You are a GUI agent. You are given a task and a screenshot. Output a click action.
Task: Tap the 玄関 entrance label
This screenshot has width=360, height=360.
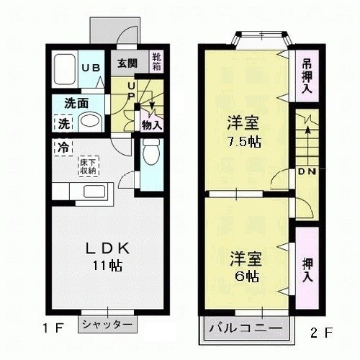coord(127,62)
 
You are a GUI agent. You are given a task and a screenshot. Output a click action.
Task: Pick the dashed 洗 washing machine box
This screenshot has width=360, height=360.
coord(63,123)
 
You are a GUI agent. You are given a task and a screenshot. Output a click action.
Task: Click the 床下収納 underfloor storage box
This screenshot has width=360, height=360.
coord(89,166)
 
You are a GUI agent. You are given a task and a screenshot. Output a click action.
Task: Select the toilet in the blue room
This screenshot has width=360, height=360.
coord(151,153)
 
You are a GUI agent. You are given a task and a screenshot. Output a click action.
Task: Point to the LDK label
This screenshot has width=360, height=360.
coord(107,248)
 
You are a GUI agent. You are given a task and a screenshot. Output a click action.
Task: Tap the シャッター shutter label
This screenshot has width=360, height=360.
coord(107,325)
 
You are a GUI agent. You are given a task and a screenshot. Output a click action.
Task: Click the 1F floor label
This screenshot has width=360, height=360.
coord(53,329)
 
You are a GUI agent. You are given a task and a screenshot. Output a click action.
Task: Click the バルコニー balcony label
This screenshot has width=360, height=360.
coord(246,328)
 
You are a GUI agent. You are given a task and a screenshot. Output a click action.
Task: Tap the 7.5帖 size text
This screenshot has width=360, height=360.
coord(243,141)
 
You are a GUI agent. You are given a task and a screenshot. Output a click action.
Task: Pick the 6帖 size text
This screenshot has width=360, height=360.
coord(244,276)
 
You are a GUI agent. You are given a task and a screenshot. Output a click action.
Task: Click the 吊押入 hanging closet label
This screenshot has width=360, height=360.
coord(306,75)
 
